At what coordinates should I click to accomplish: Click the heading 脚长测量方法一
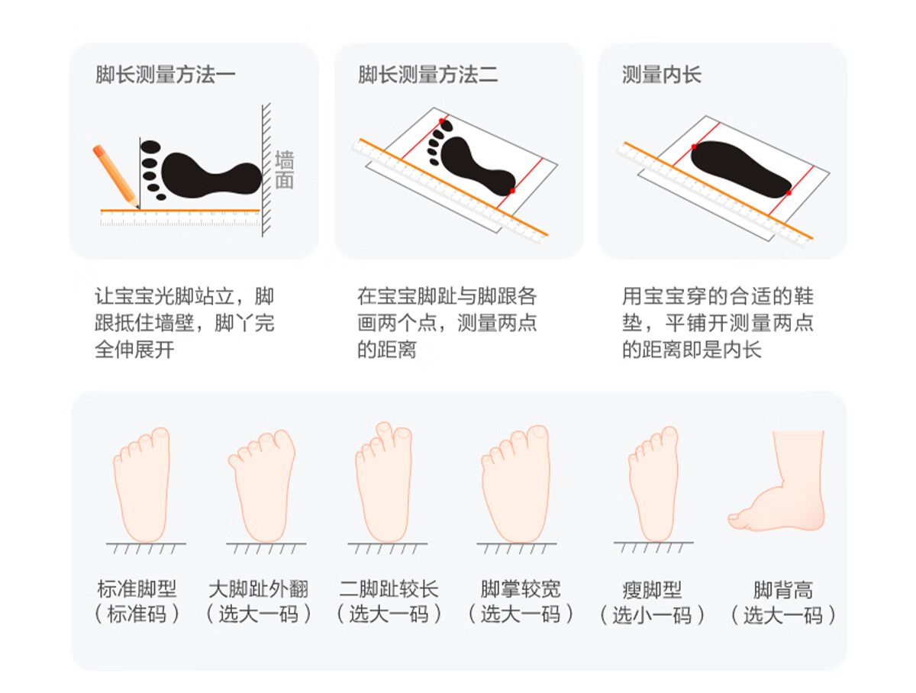pyautogui.click(x=165, y=75)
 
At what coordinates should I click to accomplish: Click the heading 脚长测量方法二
pyautogui.click(x=427, y=75)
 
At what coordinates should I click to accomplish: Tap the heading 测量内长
pyautogui.click(x=661, y=75)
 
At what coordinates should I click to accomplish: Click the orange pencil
pyautogui.click(x=115, y=176)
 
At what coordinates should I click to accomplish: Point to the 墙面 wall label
pyautogui.click(x=284, y=169)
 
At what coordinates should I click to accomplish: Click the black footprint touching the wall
pyautogui.click(x=202, y=171)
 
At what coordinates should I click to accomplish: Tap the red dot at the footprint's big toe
pyautogui.click(x=441, y=121)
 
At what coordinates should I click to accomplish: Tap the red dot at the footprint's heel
pyautogui.click(x=512, y=191)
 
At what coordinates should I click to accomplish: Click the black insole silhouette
pyautogui.click(x=740, y=169)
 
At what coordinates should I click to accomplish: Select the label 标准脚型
pyautogui.click(x=137, y=589)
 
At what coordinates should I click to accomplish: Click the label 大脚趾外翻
pyautogui.click(x=258, y=589)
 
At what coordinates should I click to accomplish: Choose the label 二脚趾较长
pyautogui.click(x=389, y=589)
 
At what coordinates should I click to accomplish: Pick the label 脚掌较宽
pyautogui.click(x=520, y=589)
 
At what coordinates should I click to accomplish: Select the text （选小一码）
pyautogui.click(x=652, y=615)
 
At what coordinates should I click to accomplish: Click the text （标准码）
pyautogui.click(x=137, y=614)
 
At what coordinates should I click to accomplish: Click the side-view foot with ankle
pyautogui.click(x=777, y=481)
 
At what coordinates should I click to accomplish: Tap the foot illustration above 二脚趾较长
pyautogui.click(x=383, y=482)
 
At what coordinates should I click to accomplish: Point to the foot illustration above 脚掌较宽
pyautogui.click(x=515, y=483)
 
